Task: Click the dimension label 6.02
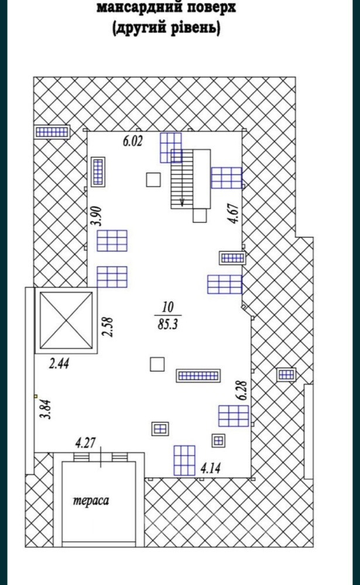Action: pos(133,141)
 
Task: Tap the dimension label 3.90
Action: pos(98,216)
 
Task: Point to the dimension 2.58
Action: pos(108,327)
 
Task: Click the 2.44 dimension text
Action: pos(59,363)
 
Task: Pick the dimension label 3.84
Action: pos(46,409)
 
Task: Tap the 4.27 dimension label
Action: pos(85,443)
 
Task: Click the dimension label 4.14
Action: pos(211,468)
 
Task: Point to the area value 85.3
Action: pos(167,324)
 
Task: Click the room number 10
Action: pos(167,307)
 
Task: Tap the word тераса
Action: pos(91,500)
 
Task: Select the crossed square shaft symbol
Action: pos(66,320)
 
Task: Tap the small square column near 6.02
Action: pos(153,180)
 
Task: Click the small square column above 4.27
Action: pos(157,364)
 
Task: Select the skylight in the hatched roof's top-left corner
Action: pos(52,131)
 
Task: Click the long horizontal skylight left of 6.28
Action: pos(198,376)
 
